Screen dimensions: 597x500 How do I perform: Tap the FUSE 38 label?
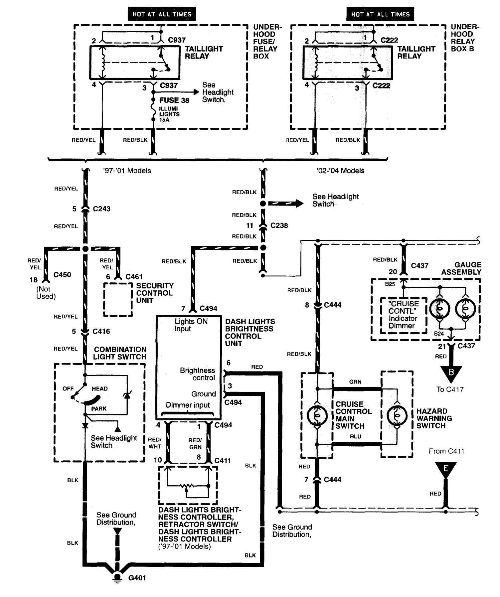click(x=174, y=100)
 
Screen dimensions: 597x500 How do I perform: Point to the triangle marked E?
click(x=446, y=469)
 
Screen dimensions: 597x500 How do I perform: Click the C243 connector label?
click(x=101, y=209)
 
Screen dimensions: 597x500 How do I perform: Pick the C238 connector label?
click(x=279, y=225)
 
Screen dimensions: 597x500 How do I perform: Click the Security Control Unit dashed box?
click(x=118, y=299)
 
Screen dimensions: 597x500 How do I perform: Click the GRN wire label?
click(x=355, y=382)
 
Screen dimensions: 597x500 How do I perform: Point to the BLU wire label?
click(x=355, y=436)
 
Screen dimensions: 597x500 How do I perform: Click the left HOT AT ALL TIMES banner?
click(x=162, y=14)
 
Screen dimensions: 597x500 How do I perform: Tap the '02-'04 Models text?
click(x=340, y=171)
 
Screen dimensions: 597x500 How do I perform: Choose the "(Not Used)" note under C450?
click(x=46, y=293)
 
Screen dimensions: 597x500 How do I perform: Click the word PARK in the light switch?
click(x=99, y=409)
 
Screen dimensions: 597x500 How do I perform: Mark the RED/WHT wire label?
click(x=155, y=443)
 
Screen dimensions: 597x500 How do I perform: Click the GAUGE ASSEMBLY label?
click(x=461, y=268)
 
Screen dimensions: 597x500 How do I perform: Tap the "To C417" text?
click(x=450, y=389)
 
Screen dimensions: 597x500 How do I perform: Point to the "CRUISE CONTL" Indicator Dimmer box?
click(x=403, y=315)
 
